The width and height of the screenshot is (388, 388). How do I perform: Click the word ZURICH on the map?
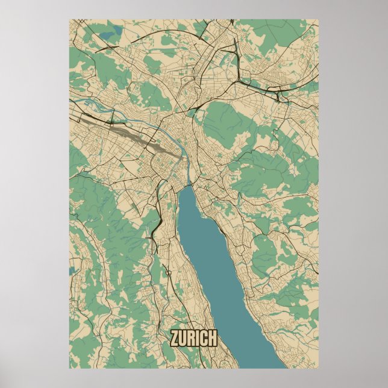[x=193, y=339]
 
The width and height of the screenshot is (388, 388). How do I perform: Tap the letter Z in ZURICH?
[x=175, y=339]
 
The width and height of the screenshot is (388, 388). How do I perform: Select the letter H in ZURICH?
[x=211, y=339]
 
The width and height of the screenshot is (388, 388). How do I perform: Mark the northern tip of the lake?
[x=189, y=186]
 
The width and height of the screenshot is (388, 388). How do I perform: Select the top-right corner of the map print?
[x=318, y=19]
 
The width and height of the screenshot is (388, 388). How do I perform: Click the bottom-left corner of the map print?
[x=69, y=368]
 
